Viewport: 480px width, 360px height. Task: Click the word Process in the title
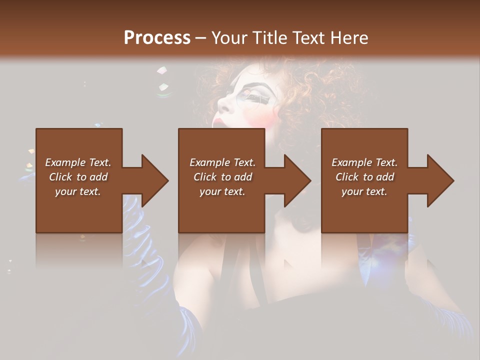[157, 38]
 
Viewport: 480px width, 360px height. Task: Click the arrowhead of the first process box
[155, 180]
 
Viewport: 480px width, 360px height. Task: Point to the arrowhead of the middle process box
[298, 180]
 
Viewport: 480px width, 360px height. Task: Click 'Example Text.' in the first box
[78, 162]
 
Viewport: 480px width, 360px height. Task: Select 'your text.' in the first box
[78, 191]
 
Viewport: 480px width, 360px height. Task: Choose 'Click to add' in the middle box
[222, 177]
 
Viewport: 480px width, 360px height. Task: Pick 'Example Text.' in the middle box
[222, 162]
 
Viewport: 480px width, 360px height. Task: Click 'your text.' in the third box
[364, 191]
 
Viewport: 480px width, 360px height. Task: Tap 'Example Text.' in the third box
[364, 162]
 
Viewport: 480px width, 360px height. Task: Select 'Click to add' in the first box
[78, 177]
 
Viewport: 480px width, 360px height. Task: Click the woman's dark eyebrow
[260, 86]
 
